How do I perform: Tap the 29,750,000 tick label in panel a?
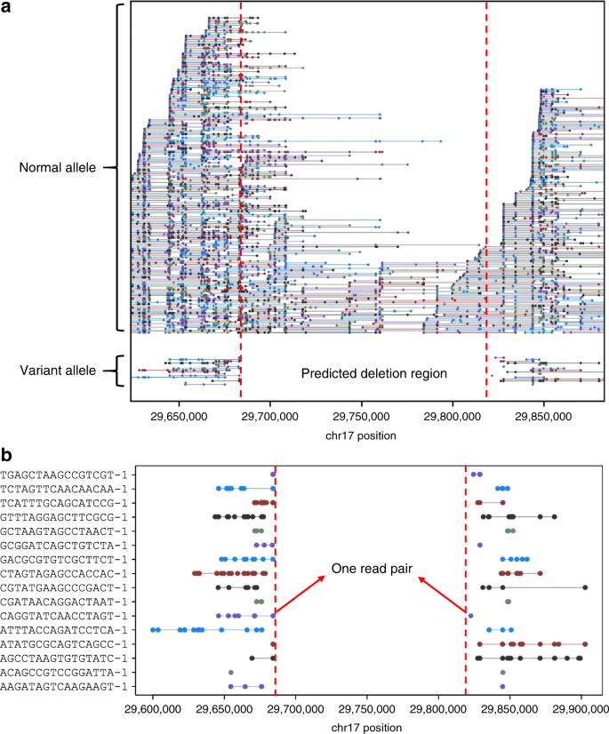click(361, 415)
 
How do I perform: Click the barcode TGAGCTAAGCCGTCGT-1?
click(68, 475)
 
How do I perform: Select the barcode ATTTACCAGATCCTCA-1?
click(68, 629)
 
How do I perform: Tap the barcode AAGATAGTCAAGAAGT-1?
click(68, 686)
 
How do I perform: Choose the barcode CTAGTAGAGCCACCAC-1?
click(68, 573)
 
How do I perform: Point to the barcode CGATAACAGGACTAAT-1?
click(68, 602)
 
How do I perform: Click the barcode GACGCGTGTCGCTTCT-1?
click(68, 559)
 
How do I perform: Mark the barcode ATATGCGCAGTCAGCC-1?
click(68, 643)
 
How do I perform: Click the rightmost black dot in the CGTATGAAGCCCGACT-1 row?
click(585, 587)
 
